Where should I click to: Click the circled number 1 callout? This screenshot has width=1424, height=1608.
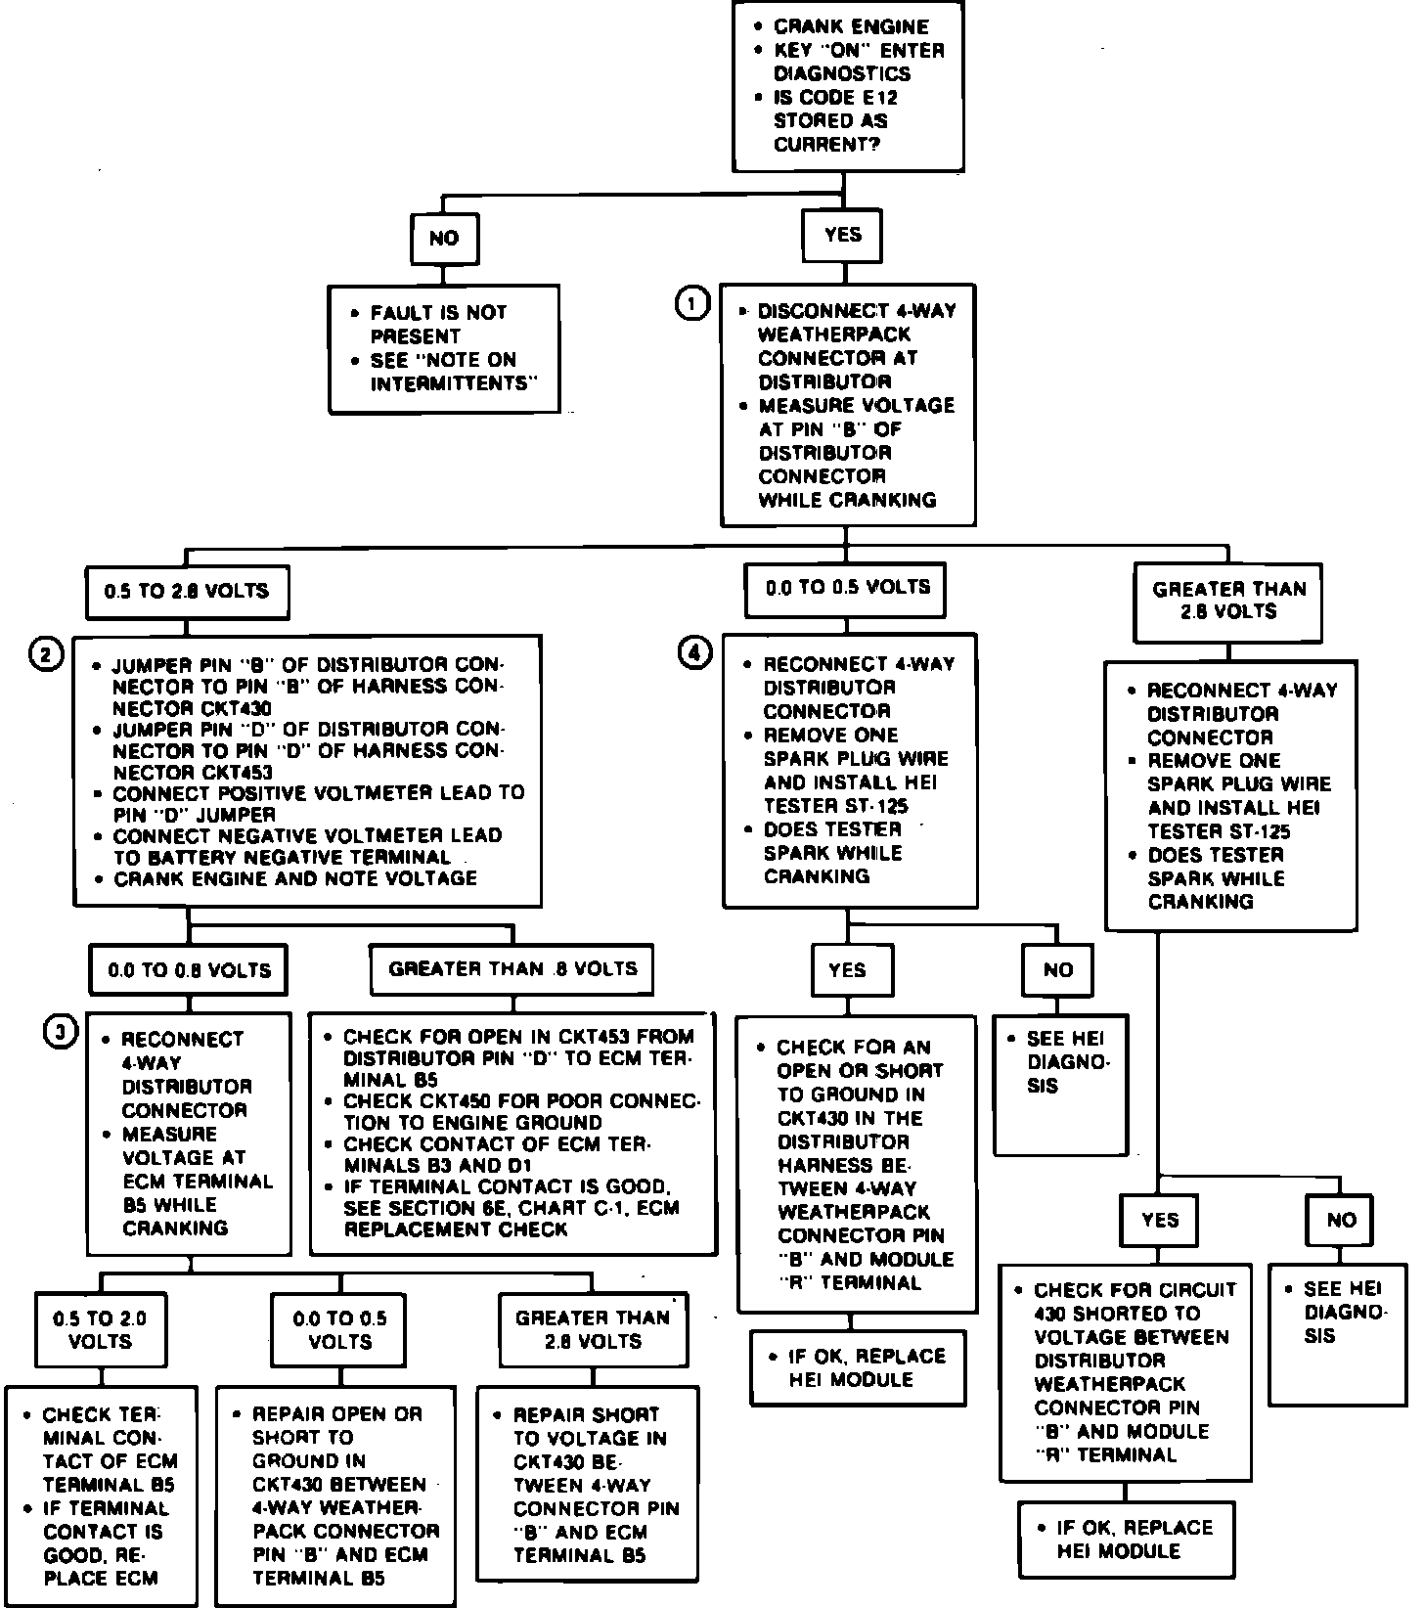692,304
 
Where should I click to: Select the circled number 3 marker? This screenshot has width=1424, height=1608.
62,1032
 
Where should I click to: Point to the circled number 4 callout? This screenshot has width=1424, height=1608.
694,653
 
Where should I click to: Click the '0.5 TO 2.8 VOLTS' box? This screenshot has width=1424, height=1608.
187,592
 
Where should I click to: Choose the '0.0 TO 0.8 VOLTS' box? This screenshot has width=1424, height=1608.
189,970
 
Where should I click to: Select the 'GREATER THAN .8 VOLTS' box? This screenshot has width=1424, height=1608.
512,969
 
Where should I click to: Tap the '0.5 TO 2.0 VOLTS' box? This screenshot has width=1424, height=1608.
101,1330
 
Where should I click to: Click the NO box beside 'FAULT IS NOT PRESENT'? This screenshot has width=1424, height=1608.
444,238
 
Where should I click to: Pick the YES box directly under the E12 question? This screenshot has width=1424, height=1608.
843,235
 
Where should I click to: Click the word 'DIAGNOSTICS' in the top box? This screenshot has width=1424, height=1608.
842,74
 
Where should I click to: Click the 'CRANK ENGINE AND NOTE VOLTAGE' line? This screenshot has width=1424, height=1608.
295,879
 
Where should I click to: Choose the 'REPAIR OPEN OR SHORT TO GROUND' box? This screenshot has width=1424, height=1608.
335,1496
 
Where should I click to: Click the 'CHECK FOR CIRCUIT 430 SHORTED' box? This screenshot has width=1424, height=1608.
1125,1371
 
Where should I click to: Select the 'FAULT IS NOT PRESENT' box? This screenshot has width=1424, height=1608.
444,348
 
